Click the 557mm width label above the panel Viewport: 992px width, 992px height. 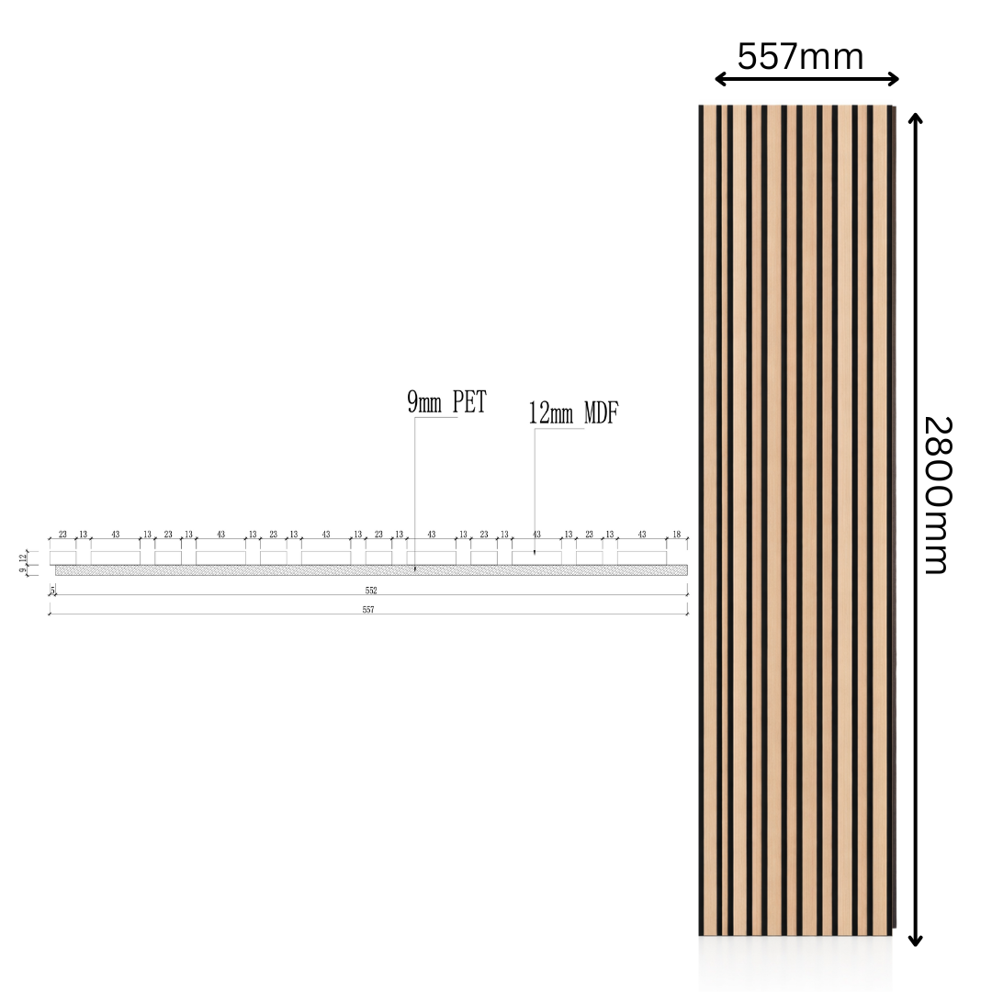point(801,57)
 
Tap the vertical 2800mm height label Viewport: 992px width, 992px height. point(938,495)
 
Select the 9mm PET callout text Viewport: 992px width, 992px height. point(446,402)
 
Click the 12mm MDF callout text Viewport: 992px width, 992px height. point(573,413)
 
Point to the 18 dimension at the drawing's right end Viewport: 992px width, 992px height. point(677,535)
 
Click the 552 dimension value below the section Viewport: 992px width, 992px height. point(370,591)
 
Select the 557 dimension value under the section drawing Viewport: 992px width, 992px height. point(368,610)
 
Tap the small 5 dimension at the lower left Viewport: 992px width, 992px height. point(52,590)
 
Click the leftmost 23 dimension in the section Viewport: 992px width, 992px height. point(62,535)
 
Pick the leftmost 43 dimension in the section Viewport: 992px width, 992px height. point(115,535)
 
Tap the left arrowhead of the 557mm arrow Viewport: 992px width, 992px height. point(720,80)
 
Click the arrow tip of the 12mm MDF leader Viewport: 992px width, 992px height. point(535,554)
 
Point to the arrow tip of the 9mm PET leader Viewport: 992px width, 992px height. point(414,570)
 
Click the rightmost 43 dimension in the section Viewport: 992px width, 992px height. point(641,535)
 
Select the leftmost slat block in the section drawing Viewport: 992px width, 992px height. point(62,558)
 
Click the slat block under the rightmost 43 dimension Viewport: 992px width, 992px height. point(641,558)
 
